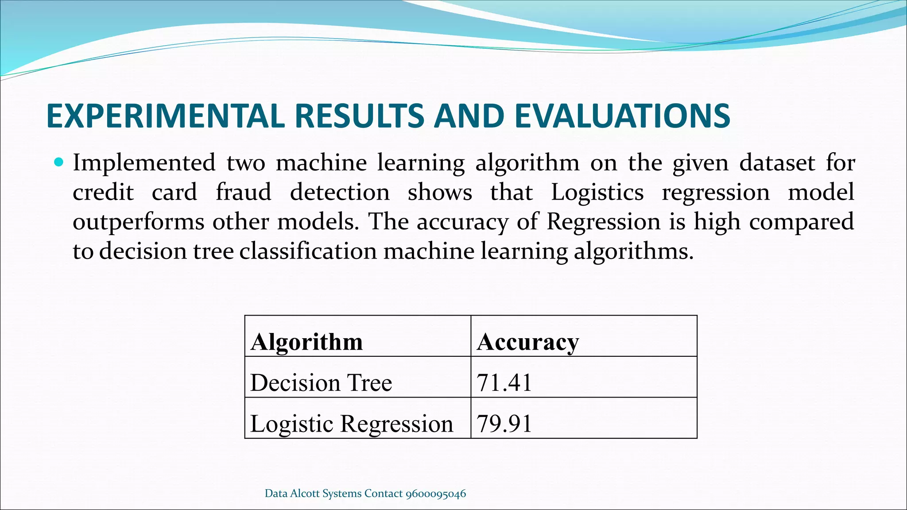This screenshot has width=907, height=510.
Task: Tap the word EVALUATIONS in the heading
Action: (622, 116)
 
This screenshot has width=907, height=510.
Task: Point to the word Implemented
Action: (144, 163)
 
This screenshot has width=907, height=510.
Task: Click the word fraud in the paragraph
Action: (243, 193)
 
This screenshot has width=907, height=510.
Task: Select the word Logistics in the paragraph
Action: (597, 193)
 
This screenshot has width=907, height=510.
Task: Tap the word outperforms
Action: (138, 222)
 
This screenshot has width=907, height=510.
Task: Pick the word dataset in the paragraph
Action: (777, 163)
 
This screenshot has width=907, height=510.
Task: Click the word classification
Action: (308, 251)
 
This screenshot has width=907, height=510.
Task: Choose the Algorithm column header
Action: (306, 342)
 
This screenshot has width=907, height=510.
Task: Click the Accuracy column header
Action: (527, 342)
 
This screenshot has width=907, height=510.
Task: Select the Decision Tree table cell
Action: (321, 382)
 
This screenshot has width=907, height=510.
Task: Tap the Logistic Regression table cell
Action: (352, 424)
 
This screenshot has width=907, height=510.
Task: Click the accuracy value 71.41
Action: (504, 382)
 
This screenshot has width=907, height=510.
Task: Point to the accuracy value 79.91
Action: (504, 424)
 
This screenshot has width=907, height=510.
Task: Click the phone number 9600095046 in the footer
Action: (436, 494)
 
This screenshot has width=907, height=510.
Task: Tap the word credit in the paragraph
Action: (103, 193)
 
